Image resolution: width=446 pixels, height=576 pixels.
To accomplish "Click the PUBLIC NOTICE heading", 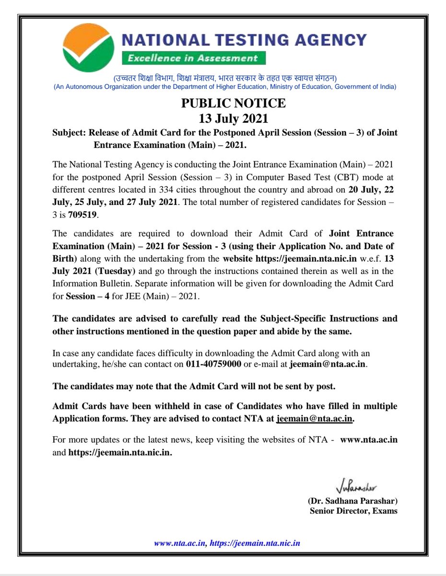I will click(x=233, y=103).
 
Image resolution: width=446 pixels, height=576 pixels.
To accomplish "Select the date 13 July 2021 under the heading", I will click(x=233, y=118).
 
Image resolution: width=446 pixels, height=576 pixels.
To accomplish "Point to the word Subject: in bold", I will click(x=70, y=132).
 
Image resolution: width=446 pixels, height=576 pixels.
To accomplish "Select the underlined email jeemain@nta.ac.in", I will click(x=315, y=419).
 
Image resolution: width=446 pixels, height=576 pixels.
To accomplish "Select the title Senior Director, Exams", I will click(x=353, y=511).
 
